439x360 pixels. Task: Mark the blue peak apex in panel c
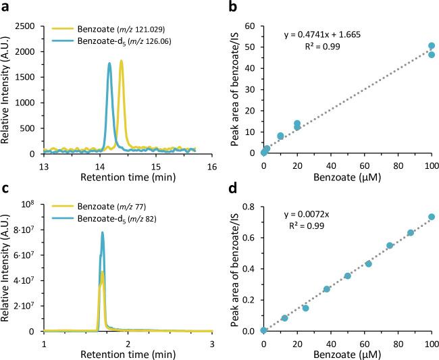click(103, 233)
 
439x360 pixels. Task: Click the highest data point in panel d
click(432, 217)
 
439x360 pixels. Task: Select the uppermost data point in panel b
click(432, 46)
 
